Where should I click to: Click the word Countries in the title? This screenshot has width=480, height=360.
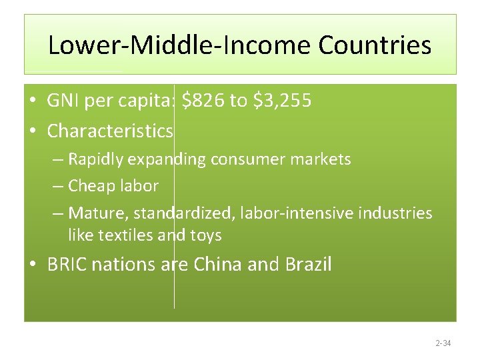click(x=375, y=46)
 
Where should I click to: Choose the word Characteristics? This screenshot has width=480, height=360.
click(x=110, y=131)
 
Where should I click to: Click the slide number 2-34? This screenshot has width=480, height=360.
click(x=443, y=343)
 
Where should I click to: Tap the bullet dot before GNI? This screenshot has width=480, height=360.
click(x=32, y=101)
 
